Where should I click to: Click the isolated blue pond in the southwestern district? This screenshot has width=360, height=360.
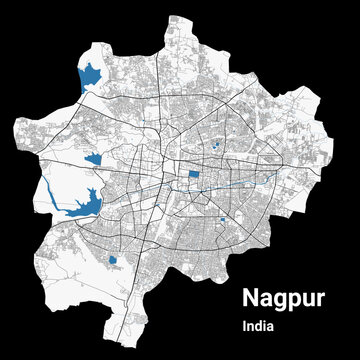[x=113, y=261]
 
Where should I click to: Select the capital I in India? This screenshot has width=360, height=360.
[x=243, y=327]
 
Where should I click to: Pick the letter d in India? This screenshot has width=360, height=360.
[x=256, y=327]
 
